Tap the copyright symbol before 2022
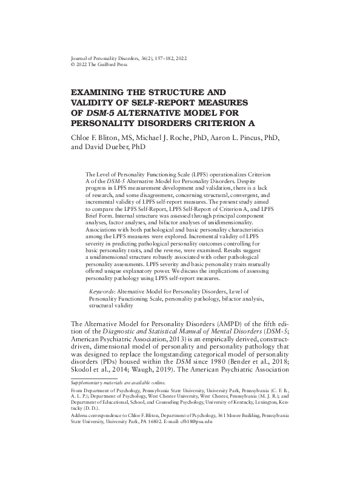[x=74, y=64]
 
